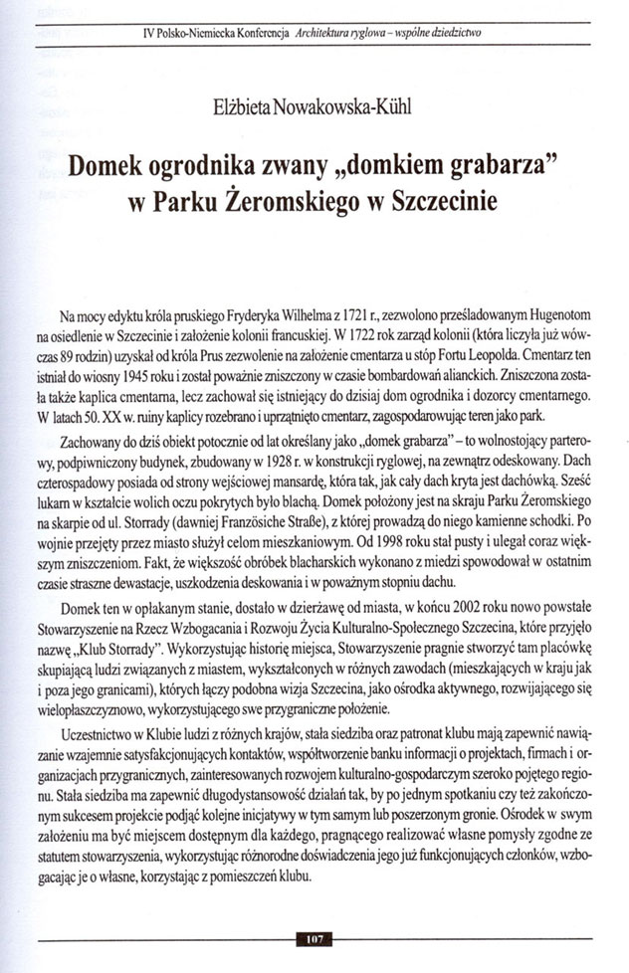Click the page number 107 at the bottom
314,937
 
